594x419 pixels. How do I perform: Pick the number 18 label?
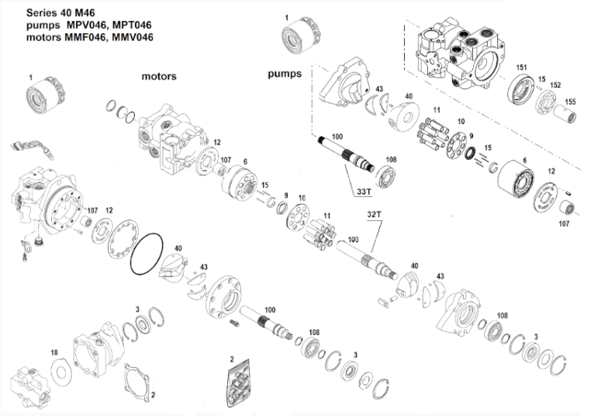coord(54,352)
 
